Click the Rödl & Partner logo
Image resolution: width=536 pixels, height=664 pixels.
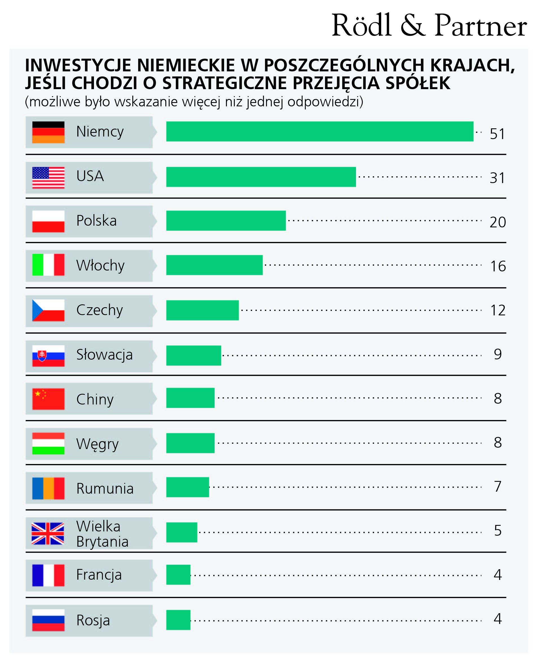pyautogui.click(x=429, y=25)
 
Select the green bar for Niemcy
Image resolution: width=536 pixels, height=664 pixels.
pyautogui.click(x=320, y=131)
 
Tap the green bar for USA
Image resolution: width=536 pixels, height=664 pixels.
pyautogui.click(x=261, y=177)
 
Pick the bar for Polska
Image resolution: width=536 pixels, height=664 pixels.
pyautogui.click(x=226, y=221)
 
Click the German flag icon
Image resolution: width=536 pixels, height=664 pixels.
pyautogui.click(x=49, y=132)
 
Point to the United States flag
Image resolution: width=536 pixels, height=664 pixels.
pyautogui.click(x=49, y=177)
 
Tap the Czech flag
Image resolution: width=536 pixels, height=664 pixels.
pyautogui.click(x=49, y=310)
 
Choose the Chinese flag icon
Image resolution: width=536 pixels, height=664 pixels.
pyautogui.click(x=49, y=399)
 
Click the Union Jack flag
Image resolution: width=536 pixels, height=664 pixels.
pyautogui.click(x=48, y=533)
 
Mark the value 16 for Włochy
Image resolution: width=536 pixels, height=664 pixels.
pyautogui.click(x=498, y=266)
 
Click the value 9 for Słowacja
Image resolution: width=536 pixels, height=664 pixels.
pyautogui.click(x=498, y=354)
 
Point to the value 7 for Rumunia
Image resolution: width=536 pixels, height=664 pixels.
pyautogui.click(x=498, y=487)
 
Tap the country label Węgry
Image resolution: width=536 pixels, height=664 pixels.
pyautogui.click(x=97, y=444)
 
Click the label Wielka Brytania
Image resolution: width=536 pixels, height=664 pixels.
pyautogui.click(x=102, y=534)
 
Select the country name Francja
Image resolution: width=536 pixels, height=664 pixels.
pyautogui.click(x=99, y=575)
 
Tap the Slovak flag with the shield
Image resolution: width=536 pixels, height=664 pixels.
pyautogui.click(x=49, y=356)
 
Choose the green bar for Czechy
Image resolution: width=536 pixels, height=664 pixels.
pyautogui.click(x=202, y=310)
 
